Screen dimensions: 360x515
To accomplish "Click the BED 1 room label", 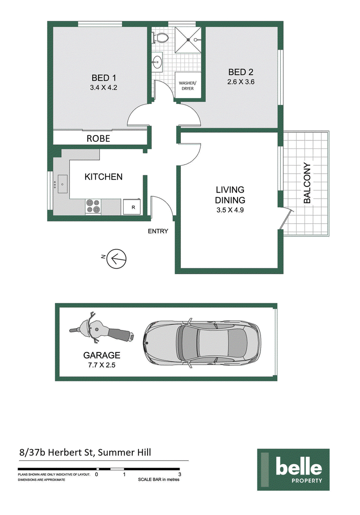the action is pos(103,78).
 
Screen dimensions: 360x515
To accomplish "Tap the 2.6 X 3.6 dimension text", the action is pos(241,82).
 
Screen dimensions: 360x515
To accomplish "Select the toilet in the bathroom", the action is pos(160,38).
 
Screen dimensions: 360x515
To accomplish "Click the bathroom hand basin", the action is pos(157,61).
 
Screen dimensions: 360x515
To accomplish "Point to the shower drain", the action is pos(188,40).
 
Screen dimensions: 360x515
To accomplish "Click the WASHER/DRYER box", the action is pos(187,85).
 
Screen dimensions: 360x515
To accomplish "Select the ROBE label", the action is pos(98,139).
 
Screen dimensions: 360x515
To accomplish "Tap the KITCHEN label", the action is pos(103,177).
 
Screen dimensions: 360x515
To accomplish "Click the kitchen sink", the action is pos(63,184).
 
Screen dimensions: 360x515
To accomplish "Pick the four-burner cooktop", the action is pos(93,207).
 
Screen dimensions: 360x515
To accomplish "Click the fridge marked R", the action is pos(132,207).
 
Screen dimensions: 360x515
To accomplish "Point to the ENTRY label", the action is pos(158,231).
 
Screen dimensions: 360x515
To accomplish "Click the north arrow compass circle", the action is pos(118,258).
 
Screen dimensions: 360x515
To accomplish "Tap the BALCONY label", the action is pos(307,183).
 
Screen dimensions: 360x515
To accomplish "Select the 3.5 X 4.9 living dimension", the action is pos(230,210).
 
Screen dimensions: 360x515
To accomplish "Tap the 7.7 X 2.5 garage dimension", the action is pos(102,365).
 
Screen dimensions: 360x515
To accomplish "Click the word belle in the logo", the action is pos(299,466).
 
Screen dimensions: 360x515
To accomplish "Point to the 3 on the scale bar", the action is pos(180,474).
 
